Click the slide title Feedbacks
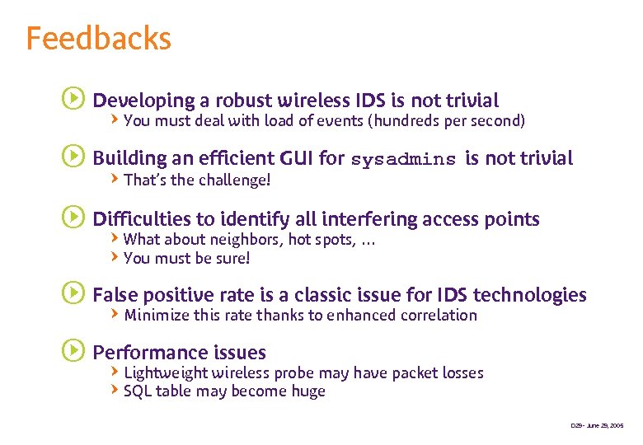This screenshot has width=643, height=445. click(98, 39)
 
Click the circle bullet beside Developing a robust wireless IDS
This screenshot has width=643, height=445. click(73, 100)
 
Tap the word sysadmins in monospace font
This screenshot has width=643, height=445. click(403, 159)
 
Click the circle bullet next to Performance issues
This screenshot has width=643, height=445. click(73, 351)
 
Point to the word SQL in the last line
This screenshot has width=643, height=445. click(137, 391)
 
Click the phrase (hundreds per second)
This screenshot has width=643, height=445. click(446, 121)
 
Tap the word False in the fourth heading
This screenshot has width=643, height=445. click(115, 295)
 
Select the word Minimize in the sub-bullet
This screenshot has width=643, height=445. click(157, 315)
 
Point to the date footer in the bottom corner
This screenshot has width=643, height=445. click(597, 426)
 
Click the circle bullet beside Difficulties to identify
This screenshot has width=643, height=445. click(73, 218)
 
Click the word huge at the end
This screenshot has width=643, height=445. click(307, 391)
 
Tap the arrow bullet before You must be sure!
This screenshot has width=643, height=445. click(115, 257)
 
